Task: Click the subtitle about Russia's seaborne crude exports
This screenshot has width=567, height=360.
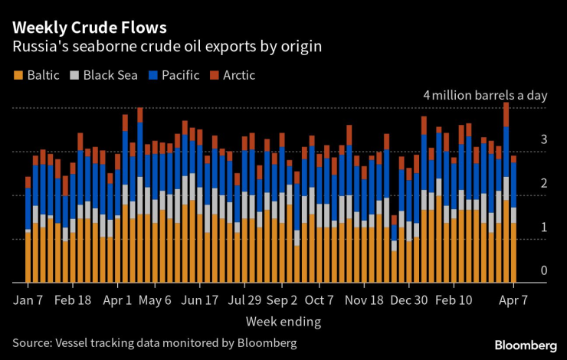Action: point(166,47)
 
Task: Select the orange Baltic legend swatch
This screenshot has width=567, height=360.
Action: point(17,75)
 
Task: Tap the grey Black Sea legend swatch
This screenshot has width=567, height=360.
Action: point(74,75)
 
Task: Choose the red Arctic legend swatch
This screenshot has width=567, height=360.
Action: point(215,75)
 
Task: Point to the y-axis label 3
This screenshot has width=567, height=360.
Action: point(543,139)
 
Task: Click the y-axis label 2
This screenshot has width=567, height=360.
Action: point(543,183)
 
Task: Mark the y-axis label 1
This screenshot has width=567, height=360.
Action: point(543,227)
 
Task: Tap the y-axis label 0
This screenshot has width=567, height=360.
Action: point(543,270)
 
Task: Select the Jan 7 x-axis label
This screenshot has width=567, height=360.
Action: point(28,299)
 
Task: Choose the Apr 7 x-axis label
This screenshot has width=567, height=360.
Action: point(513,299)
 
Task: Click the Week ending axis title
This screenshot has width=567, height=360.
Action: point(283,321)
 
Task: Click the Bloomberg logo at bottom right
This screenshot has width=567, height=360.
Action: point(525,344)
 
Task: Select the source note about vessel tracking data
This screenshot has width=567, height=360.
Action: point(154,342)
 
